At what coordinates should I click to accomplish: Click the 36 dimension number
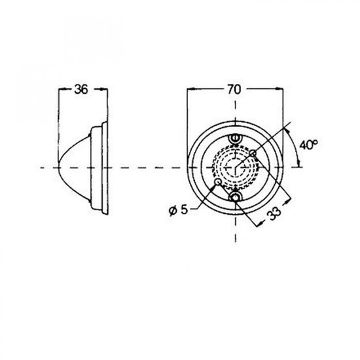click(x=81, y=89)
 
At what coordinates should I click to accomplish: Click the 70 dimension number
click(x=234, y=89)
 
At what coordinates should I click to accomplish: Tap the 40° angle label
click(x=308, y=145)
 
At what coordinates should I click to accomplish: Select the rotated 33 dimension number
click(x=274, y=214)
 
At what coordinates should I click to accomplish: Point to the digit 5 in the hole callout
click(x=184, y=209)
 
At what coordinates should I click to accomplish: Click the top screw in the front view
click(x=234, y=138)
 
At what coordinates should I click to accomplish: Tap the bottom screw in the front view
click(x=235, y=197)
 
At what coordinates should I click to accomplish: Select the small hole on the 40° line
click(x=253, y=153)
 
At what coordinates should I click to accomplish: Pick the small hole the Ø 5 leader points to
click(x=218, y=183)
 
